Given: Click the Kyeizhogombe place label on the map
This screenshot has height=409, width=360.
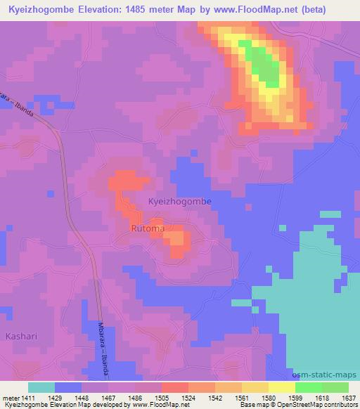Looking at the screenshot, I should (179, 201).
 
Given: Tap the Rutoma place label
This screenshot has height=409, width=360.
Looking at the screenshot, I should (148, 228).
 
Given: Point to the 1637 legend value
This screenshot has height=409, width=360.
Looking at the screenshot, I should (340, 397).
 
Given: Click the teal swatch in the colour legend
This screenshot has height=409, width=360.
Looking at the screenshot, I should (41, 387).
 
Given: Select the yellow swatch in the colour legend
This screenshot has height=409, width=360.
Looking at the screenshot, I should (282, 387).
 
